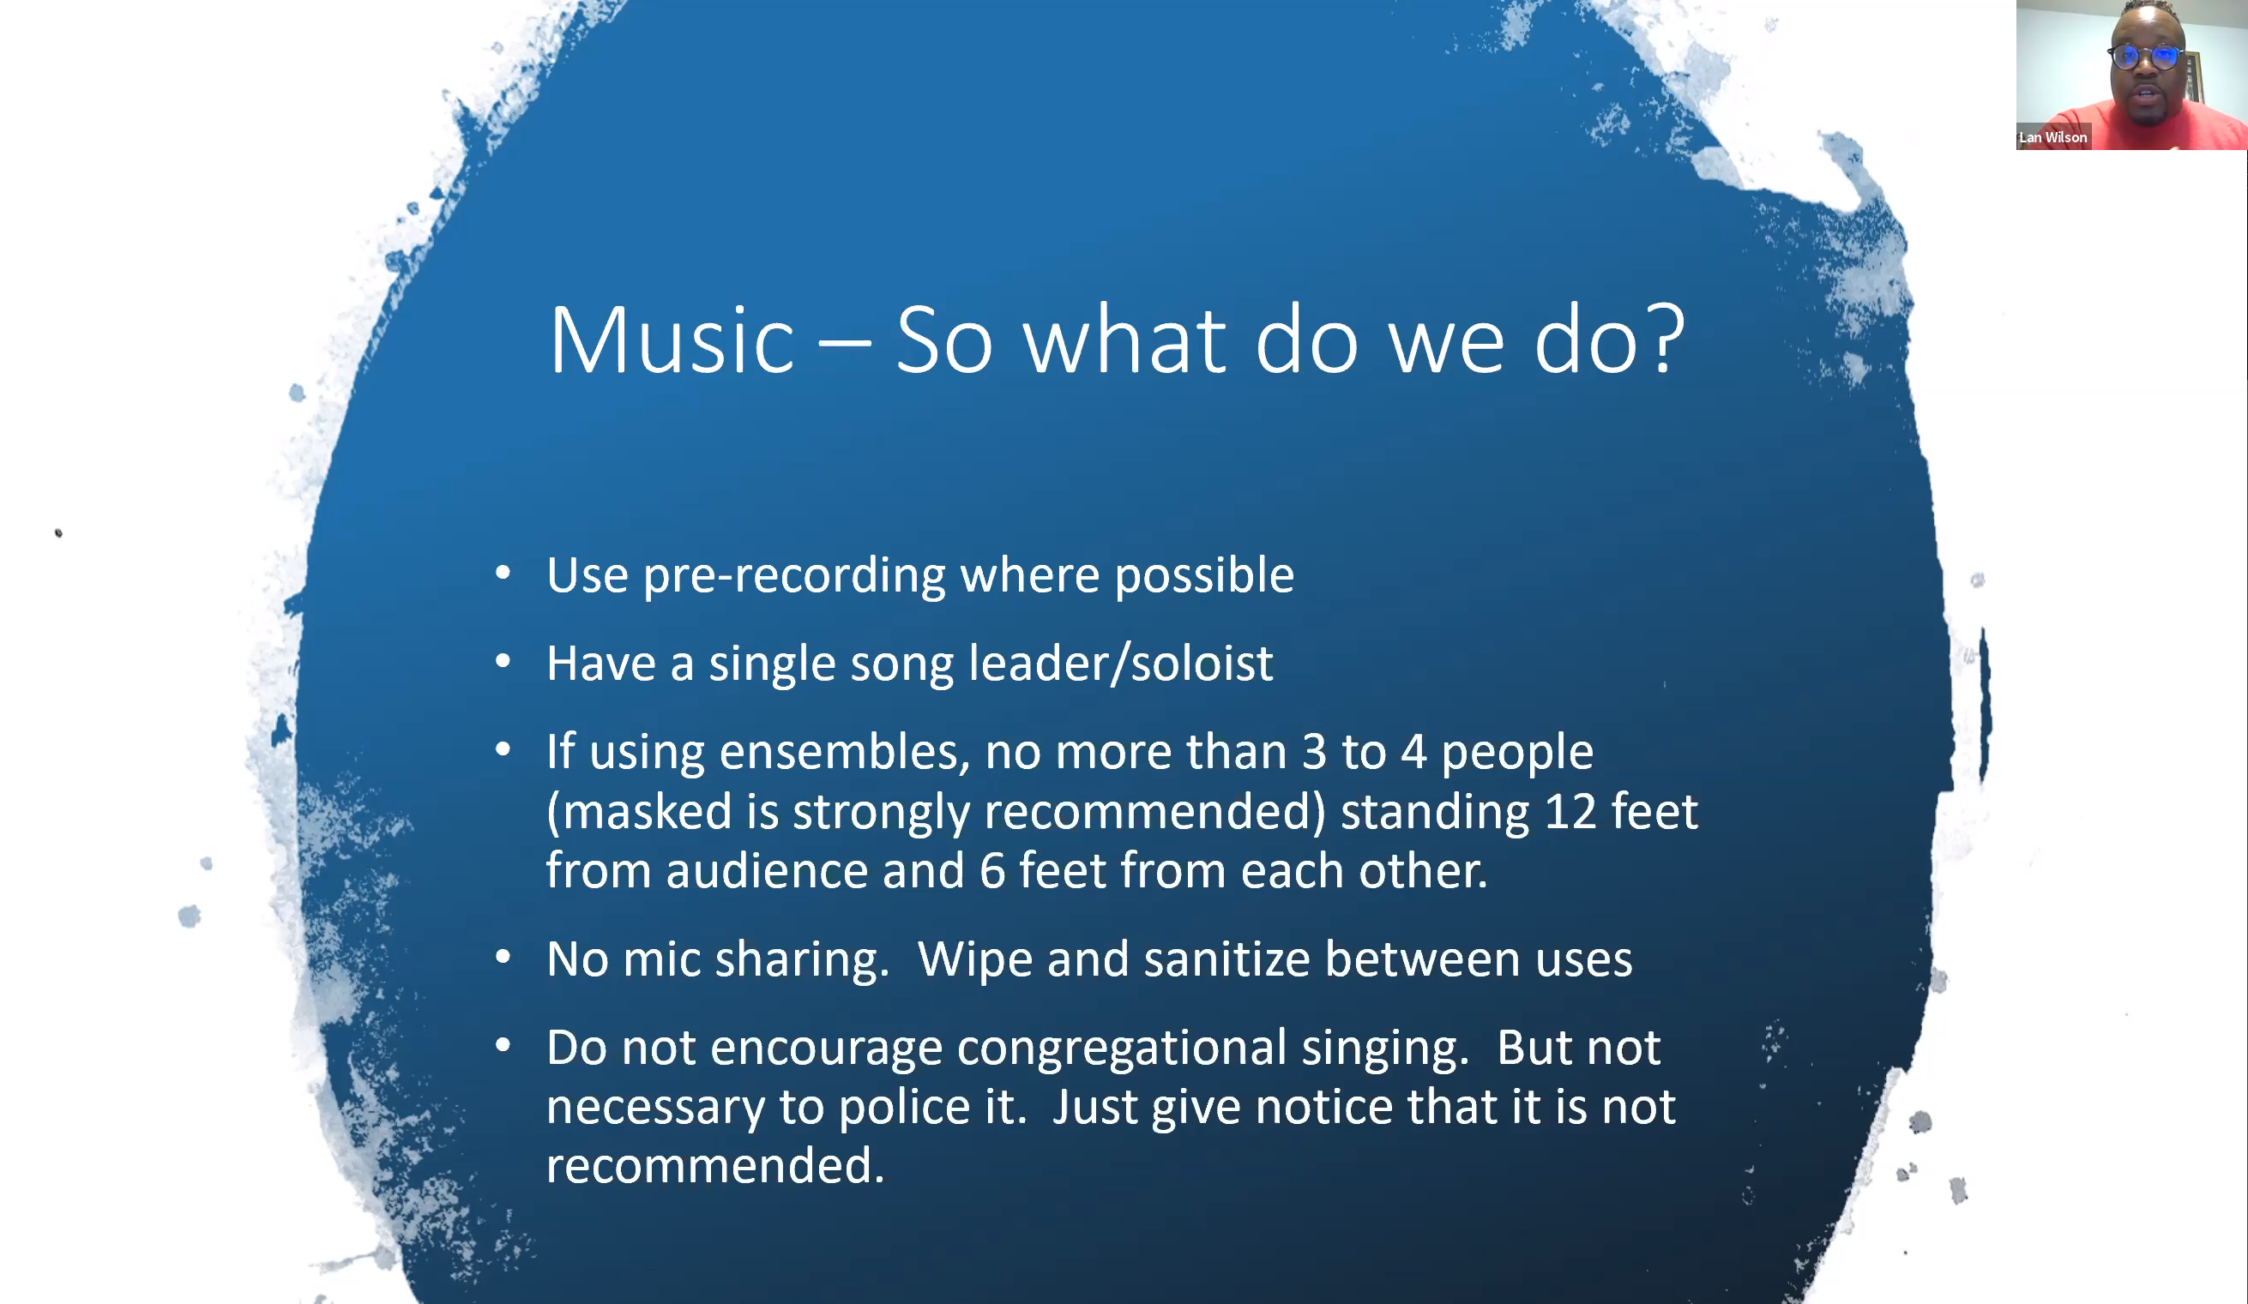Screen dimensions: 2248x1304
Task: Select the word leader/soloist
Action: pyautogui.click(x=1120, y=664)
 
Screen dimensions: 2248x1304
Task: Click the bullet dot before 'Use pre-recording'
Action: pyautogui.click(x=503, y=574)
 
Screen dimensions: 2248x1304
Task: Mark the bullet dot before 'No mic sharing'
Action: pyautogui.click(x=503, y=958)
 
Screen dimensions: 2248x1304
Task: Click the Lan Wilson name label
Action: pyautogui.click(x=2052, y=137)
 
